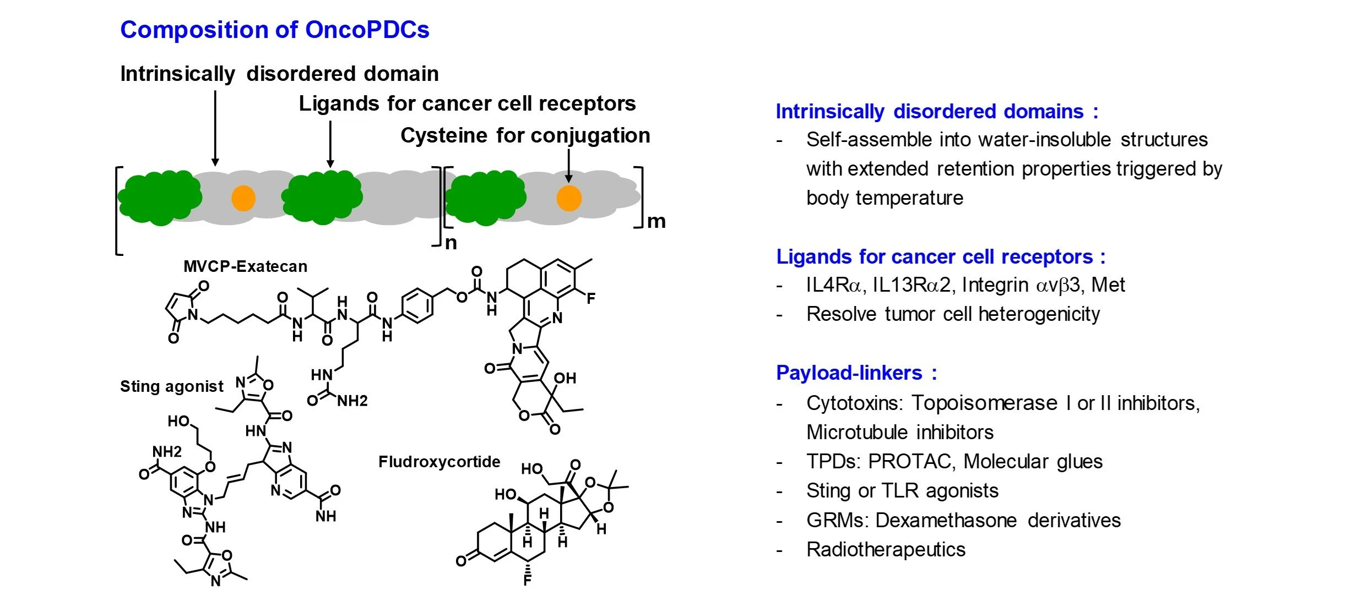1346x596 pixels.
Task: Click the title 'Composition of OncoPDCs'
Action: [274, 30]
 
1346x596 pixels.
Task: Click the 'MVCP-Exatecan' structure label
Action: [245, 266]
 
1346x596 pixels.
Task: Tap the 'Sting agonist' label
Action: [172, 386]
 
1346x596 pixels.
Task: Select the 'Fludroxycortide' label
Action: [439, 462]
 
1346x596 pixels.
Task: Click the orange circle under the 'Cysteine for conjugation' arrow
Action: [569, 198]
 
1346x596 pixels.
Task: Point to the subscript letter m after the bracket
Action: [656, 221]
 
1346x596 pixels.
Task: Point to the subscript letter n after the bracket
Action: [451, 243]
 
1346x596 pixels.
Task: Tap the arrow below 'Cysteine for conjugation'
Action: [569, 165]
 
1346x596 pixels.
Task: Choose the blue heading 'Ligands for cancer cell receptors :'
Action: [940, 257]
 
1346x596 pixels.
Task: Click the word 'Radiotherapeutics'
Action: [886, 549]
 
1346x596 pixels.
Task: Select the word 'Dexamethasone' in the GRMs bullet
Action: [946, 520]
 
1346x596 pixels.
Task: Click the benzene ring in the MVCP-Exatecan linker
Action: [417, 305]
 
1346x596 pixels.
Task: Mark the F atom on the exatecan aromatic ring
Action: [591, 299]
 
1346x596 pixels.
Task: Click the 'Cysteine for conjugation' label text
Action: [525, 135]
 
